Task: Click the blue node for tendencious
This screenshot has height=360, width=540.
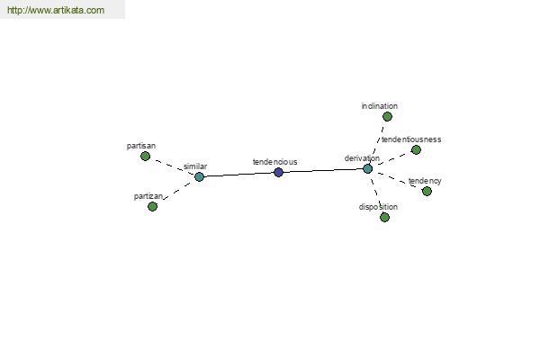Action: pos(278,172)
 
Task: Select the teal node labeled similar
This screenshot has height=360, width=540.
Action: pos(199,177)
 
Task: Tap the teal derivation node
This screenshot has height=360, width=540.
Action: pos(367,169)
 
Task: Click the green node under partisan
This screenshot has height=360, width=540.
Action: pos(145,157)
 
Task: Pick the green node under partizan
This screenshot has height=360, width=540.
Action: pos(152,207)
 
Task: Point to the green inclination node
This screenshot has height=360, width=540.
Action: pos(387,117)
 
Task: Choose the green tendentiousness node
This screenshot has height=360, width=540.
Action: pos(416,150)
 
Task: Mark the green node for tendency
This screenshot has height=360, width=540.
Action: pos(427,191)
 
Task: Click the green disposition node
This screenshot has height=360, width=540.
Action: pos(384,218)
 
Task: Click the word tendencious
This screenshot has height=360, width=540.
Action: pos(274,162)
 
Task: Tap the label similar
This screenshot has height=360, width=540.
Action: pos(195,166)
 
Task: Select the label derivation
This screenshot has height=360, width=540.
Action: pos(362,158)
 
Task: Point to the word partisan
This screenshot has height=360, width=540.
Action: pos(141,146)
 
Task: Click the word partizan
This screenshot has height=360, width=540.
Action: pos(148,196)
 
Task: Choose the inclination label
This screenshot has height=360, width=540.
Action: pos(380,106)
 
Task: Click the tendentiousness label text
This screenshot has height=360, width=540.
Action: pos(411,139)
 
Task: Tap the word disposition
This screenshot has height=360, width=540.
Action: pos(378,207)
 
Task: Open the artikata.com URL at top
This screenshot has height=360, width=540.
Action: pos(56,10)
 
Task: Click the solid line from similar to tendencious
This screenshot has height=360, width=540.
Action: pos(238,175)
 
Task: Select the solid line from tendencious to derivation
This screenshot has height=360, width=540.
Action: pos(323,170)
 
